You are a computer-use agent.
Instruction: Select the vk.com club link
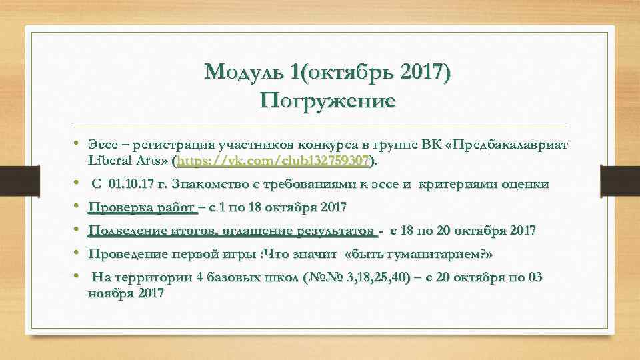[x=273, y=161]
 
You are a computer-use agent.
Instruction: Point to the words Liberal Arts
[x=128, y=161]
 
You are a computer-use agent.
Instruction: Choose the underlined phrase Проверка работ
[x=142, y=208]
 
